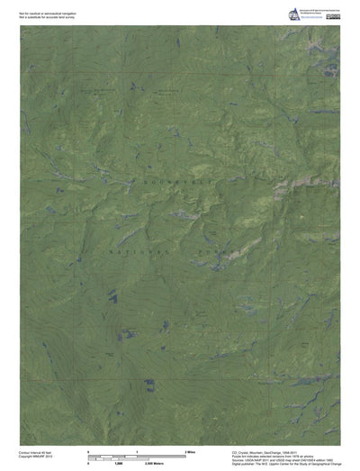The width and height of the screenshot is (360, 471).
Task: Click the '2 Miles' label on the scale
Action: pyautogui.click(x=190, y=449)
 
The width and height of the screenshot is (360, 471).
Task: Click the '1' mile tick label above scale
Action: pyautogui.click(x=136, y=449)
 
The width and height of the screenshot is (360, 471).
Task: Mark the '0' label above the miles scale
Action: pyautogui.click(x=87, y=449)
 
